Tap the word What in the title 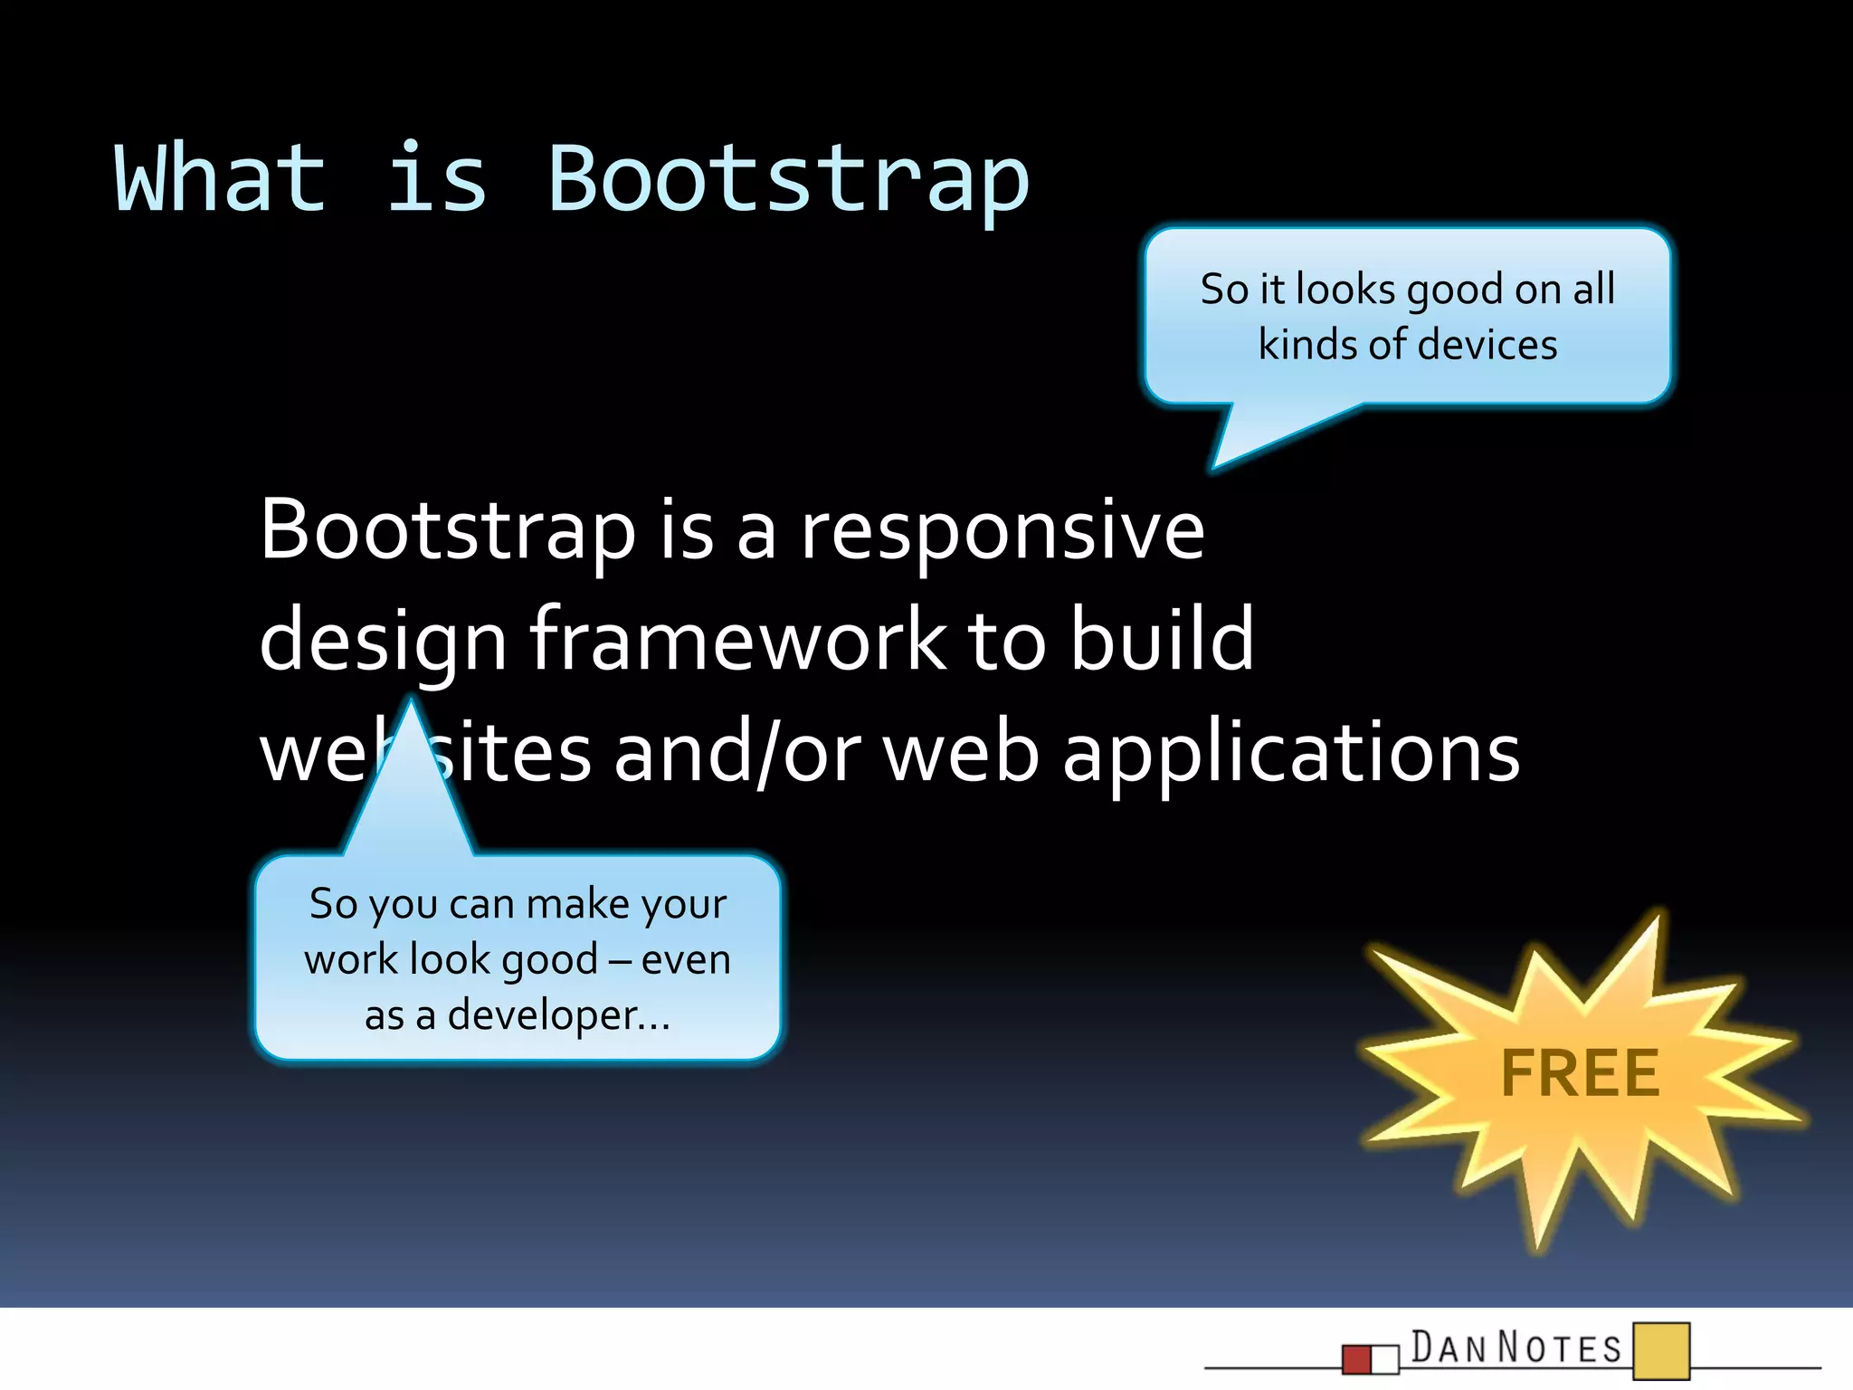[219, 179]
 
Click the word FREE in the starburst [1580, 1074]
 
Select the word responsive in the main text [1003, 531]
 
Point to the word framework [737, 641]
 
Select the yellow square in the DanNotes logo [1661, 1350]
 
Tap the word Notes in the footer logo [1560, 1347]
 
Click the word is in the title [437, 179]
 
